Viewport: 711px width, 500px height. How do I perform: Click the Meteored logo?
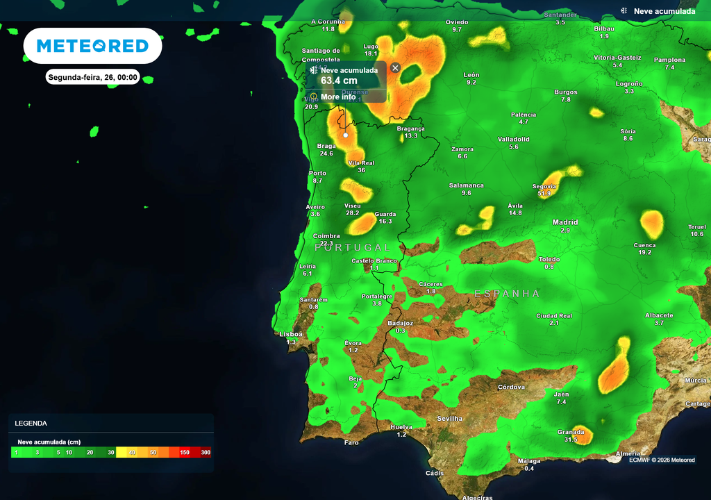tap(92, 46)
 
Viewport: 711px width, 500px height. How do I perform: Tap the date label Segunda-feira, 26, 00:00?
tap(93, 77)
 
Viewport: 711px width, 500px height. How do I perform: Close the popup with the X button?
tap(395, 67)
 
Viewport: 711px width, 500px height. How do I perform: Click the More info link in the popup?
tap(338, 97)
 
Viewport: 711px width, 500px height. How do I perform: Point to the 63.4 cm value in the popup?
tap(339, 81)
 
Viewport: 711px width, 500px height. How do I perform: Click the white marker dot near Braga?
tap(346, 135)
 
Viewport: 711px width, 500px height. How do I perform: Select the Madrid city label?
tap(565, 222)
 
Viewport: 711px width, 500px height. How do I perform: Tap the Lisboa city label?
tap(291, 334)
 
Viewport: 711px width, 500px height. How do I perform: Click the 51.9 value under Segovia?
tap(544, 194)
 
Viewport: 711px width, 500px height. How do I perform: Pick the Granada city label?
tap(571, 432)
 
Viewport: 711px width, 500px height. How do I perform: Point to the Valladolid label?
tap(514, 139)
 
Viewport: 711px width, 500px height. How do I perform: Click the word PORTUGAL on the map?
tap(353, 247)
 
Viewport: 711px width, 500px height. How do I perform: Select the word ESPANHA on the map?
tap(507, 294)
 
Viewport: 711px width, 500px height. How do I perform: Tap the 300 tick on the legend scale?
tap(206, 452)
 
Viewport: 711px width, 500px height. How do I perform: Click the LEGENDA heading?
tap(31, 423)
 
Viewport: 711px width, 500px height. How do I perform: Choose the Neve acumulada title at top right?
tap(664, 11)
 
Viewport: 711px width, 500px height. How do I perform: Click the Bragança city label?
tap(410, 128)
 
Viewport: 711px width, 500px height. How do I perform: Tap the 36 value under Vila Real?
tap(361, 170)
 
